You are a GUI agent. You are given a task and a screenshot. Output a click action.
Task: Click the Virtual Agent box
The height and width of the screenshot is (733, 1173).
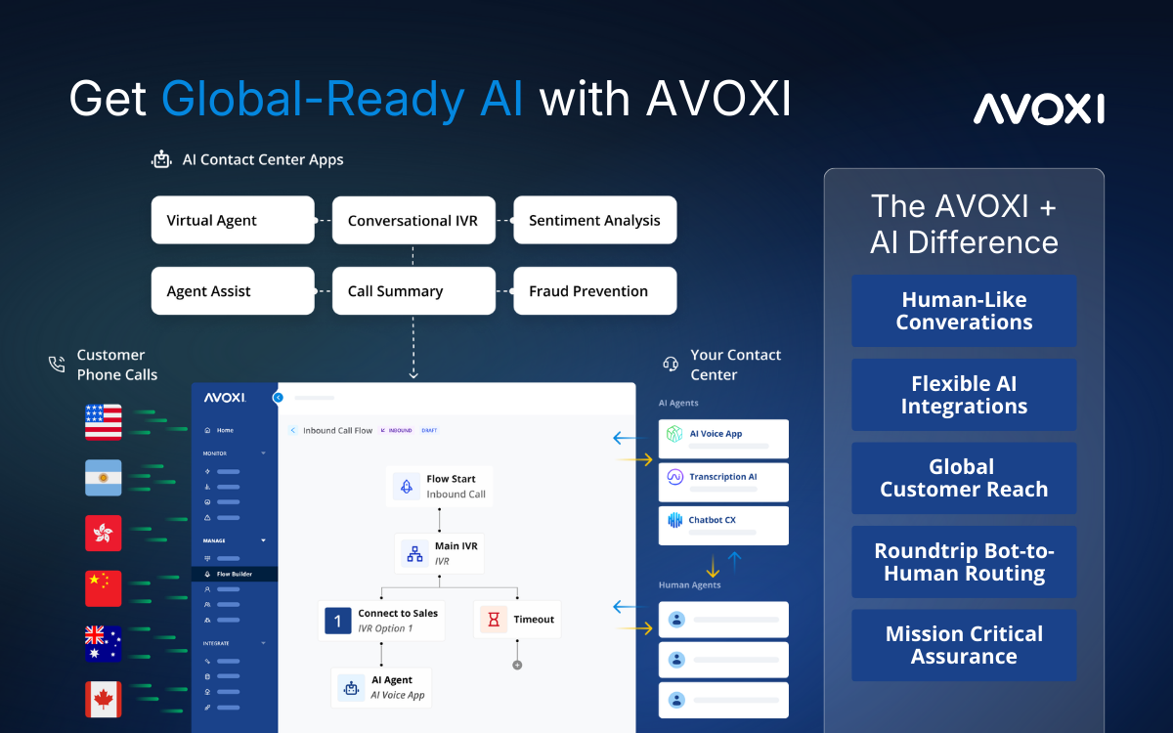pyautogui.click(x=233, y=220)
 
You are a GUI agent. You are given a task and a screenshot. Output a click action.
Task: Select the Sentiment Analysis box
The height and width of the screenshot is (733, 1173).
pyautogui.click(x=595, y=220)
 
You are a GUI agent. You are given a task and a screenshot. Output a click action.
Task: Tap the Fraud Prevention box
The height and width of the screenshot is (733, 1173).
pyautogui.click(x=595, y=290)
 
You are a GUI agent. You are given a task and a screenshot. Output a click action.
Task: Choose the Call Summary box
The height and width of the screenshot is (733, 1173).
pyautogui.click(x=413, y=290)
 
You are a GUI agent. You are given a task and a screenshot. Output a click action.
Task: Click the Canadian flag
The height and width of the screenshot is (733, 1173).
pyautogui.click(x=104, y=699)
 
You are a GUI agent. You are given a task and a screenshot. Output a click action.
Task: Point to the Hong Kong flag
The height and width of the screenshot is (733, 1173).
pyautogui.click(x=104, y=533)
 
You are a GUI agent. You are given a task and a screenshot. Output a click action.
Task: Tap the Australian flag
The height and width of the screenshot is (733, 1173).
pyautogui.click(x=104, y=643)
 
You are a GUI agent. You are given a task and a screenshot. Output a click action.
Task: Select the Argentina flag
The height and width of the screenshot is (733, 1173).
pyautogui.click(x=104, y=478)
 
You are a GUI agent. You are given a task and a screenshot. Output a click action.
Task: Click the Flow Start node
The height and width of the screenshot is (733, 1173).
pyautogui.click(x=439, y=487)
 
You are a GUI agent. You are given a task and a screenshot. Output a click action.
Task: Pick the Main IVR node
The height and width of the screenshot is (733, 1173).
pyautogui.click(x=439, y=553)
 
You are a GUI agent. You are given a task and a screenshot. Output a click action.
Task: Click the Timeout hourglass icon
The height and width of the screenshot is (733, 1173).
pyautogui.click(x=494, y=620)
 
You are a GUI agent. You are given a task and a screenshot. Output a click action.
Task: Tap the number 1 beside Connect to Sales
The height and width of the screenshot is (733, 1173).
pyautogui.click(x=338, y=621)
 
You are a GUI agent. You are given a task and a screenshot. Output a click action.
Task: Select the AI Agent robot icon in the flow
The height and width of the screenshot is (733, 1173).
pyautogui.click(x=351, y=688)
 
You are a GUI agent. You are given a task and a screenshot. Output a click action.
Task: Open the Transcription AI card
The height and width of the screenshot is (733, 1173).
pyautogui.click(x=723, y=482)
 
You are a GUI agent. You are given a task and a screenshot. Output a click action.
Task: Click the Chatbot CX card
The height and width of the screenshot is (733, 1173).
pyautogui.click(x=723, y=526)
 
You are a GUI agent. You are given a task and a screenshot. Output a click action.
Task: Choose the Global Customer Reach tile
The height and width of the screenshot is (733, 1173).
pyautogui.click(x=964, y=478)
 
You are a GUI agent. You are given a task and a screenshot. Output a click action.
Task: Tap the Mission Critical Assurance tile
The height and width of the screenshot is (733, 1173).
pyautogui.click(x=964, y=645)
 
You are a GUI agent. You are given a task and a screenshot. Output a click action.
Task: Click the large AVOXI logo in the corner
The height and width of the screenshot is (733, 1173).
pyautogui.click(x=1039, y=108)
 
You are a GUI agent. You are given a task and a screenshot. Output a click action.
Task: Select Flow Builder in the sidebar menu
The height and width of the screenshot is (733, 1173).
pyautogui.click(x=235, y=574)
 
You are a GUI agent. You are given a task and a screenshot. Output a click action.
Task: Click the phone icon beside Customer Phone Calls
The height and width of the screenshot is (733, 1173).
pyautogui.click(x=57, y=364)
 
